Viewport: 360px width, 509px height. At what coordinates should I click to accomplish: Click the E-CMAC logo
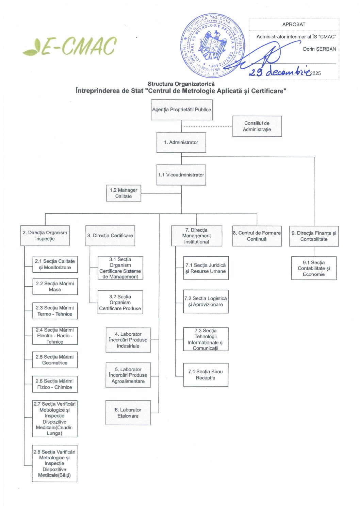[70, 46]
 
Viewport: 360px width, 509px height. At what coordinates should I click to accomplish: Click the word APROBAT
[294, 24]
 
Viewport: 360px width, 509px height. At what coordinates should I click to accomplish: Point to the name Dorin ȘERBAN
[320, 49]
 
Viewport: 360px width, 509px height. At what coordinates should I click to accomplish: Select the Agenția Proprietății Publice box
[182, 110]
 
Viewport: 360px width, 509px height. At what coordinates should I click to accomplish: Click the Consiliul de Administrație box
[257, 126]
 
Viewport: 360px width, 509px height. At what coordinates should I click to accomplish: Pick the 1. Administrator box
[181, 142]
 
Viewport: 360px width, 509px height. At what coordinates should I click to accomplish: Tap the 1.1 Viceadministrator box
[181, 175]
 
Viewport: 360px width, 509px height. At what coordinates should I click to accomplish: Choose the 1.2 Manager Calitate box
[123, 193]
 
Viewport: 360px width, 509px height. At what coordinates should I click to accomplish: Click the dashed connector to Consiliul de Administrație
[208, 126]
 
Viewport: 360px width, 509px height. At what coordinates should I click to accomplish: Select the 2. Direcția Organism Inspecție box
[45, 236]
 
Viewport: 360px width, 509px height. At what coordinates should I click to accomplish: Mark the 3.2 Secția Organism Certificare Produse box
[120, 302]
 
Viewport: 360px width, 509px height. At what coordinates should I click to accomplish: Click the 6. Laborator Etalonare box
[128, 413]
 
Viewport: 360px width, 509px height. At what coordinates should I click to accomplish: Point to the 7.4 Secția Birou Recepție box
[206, 375]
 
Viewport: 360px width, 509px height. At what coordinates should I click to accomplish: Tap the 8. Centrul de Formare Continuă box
[257, 236]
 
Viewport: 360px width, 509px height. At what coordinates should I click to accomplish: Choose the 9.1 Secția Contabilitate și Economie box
[314, 268]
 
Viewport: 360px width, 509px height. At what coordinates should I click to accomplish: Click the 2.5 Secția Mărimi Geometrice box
[55, 360]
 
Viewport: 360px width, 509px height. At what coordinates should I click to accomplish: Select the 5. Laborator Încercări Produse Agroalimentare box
[128, 375]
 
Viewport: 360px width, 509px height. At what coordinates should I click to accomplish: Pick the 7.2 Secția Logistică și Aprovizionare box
[206, 302]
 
